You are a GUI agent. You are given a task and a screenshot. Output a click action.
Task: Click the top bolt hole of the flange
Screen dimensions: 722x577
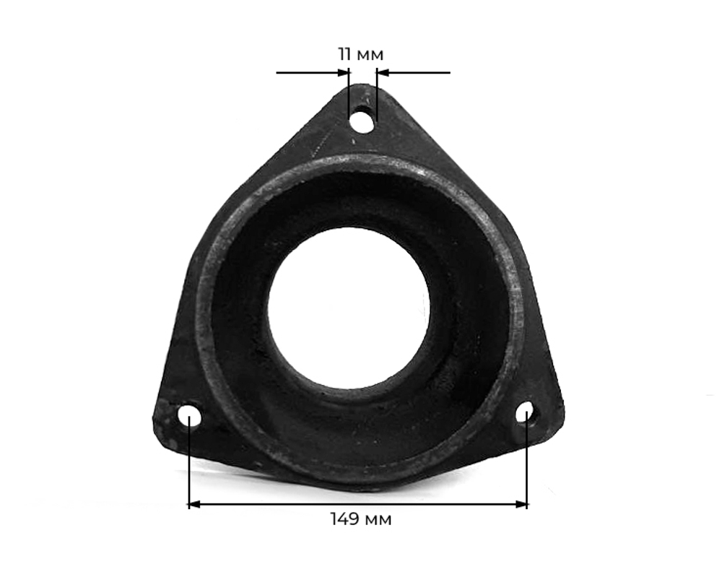coord(362,119)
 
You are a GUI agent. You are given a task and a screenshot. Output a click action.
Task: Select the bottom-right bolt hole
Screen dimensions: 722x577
coord(526,412)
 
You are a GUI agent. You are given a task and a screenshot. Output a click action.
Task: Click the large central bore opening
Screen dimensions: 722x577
coord(348,308)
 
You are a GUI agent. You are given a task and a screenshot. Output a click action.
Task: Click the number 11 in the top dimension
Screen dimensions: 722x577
coord(345,54)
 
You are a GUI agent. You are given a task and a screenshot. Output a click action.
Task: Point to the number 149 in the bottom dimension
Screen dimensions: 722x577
coord(345,519)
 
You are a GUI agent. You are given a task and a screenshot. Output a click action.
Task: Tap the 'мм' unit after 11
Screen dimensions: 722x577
coord(370,56)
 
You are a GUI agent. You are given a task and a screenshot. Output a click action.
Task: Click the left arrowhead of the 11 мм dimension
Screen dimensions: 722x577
coord(344,72)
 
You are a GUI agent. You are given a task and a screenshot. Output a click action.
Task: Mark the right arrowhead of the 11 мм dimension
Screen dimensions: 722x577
coord(383,72)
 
